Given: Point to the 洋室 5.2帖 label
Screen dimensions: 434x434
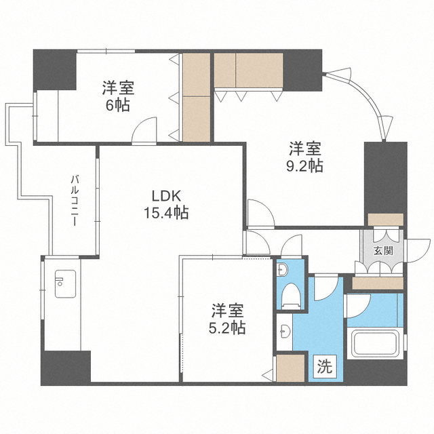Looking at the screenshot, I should pos(227,319).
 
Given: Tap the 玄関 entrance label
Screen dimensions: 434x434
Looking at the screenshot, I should pos(382,250).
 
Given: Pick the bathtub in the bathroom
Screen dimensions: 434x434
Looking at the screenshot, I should pos(373,344).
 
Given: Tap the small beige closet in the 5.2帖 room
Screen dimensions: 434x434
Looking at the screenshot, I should pos(290,369).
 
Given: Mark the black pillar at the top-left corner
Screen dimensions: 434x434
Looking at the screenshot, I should pos(54,69).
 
